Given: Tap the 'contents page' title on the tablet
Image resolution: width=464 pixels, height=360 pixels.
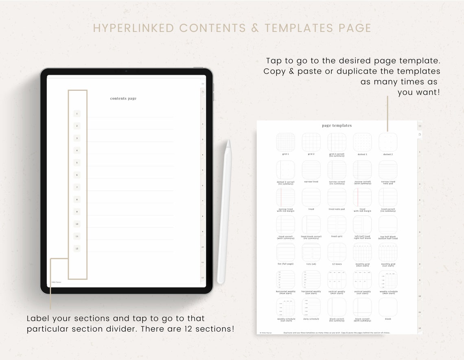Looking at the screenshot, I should (123, 99).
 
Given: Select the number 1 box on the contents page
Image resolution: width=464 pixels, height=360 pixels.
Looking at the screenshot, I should (77, 114).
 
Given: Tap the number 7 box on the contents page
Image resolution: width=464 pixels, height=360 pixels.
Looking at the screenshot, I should (77, 187).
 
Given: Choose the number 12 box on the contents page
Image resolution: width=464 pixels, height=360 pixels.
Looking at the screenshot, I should (77, 248).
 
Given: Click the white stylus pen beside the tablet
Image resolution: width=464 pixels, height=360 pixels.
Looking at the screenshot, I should (224, 212).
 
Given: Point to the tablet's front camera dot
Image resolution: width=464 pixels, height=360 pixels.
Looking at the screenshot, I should (126, 71).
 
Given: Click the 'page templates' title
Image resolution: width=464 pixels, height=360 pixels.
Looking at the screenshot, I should (337, 125).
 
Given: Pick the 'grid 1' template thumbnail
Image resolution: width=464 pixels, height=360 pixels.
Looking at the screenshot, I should (285, 142).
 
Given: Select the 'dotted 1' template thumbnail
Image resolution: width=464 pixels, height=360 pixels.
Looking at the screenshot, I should (362, 142).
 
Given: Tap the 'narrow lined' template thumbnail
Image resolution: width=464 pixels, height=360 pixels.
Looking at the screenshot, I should (311, 169).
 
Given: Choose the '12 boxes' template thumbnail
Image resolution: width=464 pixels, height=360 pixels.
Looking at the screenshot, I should (337, 252).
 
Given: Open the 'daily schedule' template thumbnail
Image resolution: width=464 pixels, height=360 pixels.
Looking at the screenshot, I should (311, 307).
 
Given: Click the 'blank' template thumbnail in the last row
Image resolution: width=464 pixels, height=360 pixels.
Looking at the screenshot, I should (388, 307).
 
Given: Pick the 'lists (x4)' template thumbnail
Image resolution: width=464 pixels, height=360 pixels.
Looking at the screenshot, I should (311, 252).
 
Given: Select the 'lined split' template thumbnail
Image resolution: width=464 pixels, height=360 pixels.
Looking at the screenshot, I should (337, 224).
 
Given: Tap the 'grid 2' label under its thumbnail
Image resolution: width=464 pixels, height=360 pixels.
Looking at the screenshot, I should (311, 154).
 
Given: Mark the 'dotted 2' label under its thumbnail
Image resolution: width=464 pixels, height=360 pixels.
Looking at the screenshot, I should (388, 154).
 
